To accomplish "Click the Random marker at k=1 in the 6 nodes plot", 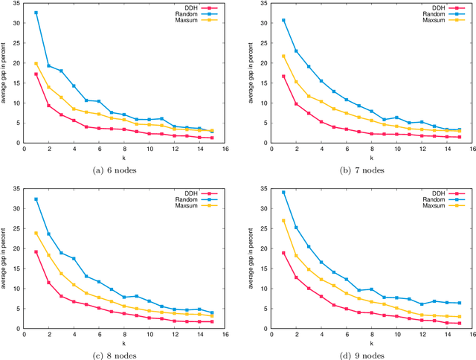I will (36, 13).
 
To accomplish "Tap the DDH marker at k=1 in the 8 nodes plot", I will (36, 251).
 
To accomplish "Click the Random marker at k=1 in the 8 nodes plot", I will (36, 199).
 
